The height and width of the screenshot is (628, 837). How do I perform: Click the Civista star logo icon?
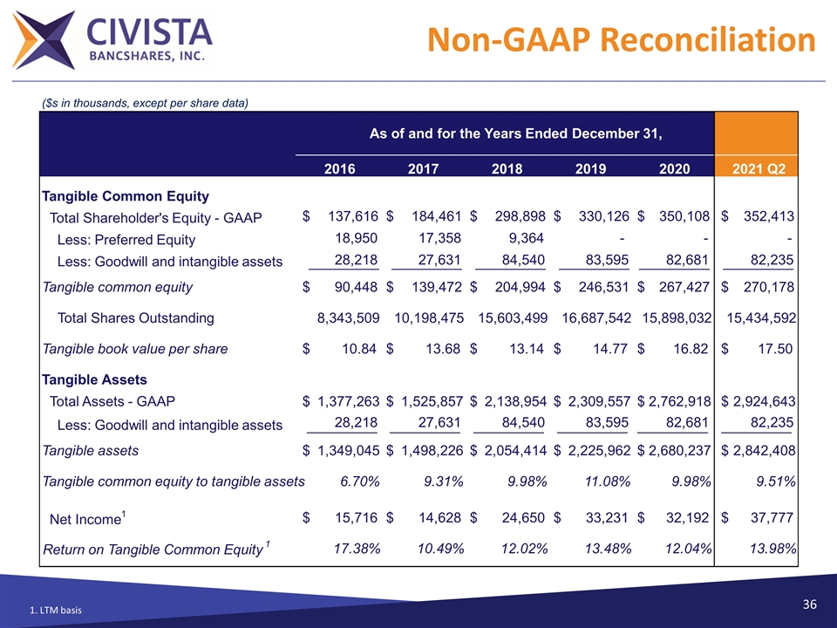(x=43, y=38)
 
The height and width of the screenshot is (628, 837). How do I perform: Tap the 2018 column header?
(x=507, y=169)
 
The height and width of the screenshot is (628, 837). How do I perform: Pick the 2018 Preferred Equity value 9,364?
(x=527, y=239)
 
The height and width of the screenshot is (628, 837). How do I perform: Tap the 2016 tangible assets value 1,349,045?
(x=348, y=450)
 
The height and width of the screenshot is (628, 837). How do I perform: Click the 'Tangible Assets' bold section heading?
(x=94, y=379)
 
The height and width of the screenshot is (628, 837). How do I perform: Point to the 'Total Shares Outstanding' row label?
(x=135, y=317)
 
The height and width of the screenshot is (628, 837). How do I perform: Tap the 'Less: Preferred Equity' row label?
(x=126, y=240)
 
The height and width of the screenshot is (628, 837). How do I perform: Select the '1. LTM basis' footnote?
(x=56, y=610)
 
